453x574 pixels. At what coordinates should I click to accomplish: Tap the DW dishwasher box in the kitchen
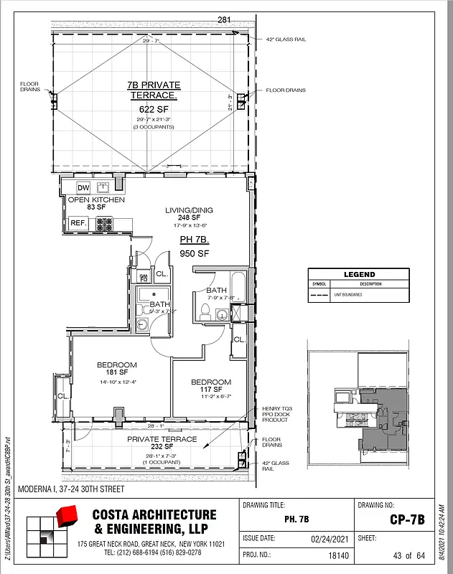[x=83, y=188]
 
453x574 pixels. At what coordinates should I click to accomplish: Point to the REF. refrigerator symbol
[x=78, y=223]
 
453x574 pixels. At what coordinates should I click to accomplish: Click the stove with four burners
[x=105, y=223]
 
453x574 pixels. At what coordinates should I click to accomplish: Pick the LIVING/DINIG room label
[x=189, y=210]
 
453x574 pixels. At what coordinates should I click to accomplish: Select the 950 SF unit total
[x=194, y=253]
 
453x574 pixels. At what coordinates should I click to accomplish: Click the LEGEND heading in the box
[x=359, y=275]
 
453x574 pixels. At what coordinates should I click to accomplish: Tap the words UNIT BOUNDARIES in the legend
[x=347, y=293]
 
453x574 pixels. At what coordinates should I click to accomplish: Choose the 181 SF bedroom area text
[x=116, y=372]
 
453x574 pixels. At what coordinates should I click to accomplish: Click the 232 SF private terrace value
[x=162, y=448]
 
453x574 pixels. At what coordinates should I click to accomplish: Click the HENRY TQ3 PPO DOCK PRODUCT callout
[x=276, y=414]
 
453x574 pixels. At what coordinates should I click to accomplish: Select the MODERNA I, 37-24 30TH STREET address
[x=70, y=489]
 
